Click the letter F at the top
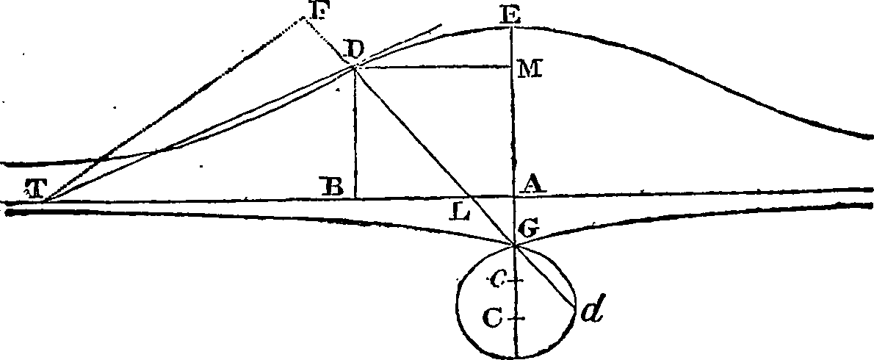(298, 10)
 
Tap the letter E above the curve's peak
(505, 14)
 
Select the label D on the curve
(353, 50)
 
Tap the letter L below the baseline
(461, 215)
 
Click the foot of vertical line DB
(355, 198)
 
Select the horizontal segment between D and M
(433, 67)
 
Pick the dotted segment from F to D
(328, 41)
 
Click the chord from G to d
(547, 276)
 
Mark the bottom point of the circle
(516, 358)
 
